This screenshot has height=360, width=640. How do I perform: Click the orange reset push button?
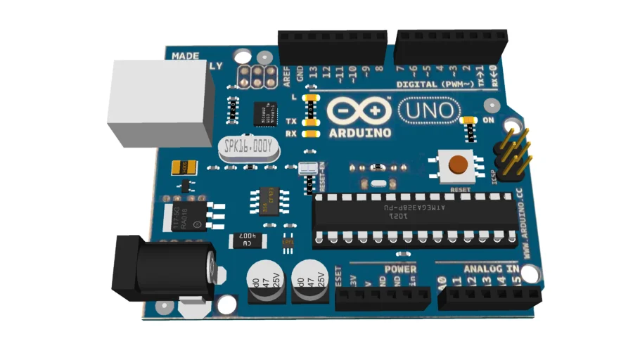pyautogui.click(x=459, y=165)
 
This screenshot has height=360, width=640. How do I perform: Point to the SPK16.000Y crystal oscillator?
pyautogui.click(x=248, y=148)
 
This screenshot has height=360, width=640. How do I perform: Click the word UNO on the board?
pyautogui.click(x=430, y=110)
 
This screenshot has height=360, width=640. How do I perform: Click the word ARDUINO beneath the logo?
pyautogui.click(x=359, y=131)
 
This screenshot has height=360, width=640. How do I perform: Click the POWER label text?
pyautogui.click(x=400, y=269)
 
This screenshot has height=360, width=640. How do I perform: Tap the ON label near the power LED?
pyautogui.click(x=489, y=120)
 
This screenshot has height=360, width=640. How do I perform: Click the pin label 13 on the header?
pyautogui.click(x=313, y=70)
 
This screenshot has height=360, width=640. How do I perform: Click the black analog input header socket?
pyautogui.click(x=489, y=296)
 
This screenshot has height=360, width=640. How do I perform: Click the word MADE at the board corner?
pyautogui.click(x=185, y=55)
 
